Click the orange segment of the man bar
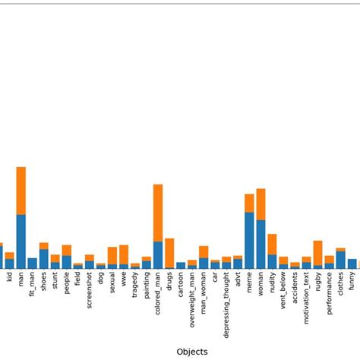[21, 190]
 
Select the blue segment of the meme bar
[249, 240]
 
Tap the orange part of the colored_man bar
[158, 213]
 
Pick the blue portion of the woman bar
[261, 244]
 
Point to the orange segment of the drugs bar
[169, 252]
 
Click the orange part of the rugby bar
[317, 252]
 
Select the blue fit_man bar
[32, 264]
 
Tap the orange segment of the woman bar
[261, 204]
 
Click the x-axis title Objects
[191, 352]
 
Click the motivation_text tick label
[307, 299]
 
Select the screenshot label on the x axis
[90, 292]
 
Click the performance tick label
[330, 295]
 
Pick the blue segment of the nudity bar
[272, 261]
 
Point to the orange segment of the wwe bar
[124, 254]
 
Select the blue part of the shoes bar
[43, 259]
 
